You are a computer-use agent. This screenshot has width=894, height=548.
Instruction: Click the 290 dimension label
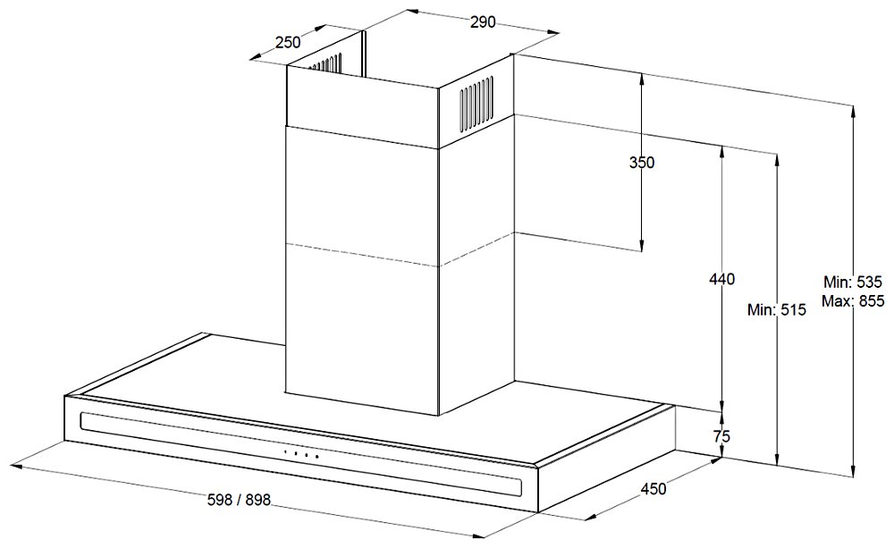pos(482,23)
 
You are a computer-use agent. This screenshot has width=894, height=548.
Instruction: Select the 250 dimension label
pos(288,41)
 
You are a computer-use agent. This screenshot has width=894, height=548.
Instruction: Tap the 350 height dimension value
pos(641,163)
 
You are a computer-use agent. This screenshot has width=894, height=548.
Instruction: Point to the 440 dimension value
pos(721,280)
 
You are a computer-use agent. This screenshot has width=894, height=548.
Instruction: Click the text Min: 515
pos(777,310)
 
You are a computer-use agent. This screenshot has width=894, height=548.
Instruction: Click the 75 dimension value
pos(722,436)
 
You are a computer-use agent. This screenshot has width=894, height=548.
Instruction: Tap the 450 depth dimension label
pos(653,489)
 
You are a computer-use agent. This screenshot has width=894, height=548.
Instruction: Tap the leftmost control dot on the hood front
pos(285,453)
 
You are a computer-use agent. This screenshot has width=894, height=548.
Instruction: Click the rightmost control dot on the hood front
pos(316,457)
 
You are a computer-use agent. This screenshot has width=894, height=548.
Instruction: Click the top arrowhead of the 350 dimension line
pos(642,77)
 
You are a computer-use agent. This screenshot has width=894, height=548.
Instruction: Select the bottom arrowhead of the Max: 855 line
pos(854,473)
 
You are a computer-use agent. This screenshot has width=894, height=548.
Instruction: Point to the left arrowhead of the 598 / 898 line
pos(13,465)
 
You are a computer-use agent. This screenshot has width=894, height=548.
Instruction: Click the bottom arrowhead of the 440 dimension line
pos(722,408)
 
